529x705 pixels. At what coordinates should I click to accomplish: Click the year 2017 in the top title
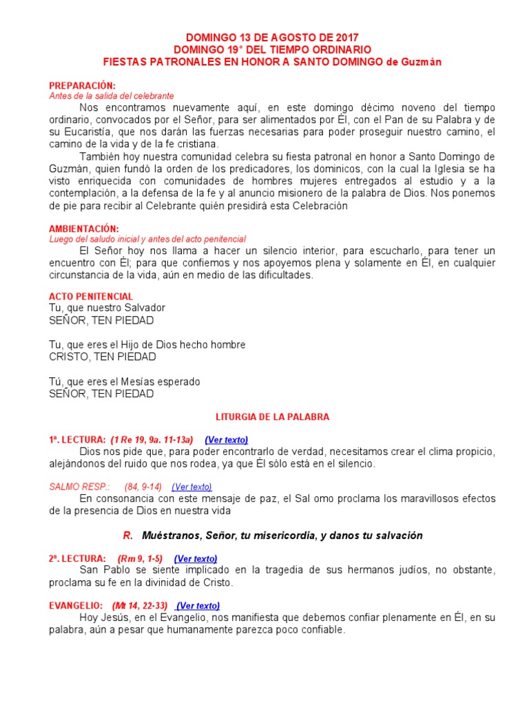345,37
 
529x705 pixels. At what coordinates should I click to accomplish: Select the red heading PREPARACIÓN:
82,85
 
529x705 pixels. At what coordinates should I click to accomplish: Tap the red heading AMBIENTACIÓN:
83,228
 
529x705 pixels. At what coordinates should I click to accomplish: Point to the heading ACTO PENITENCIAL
91,296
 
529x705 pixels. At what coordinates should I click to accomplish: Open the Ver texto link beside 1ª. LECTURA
227,439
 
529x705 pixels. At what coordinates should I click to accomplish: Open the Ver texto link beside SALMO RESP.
191,487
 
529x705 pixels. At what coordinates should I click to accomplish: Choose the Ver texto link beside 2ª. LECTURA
196,558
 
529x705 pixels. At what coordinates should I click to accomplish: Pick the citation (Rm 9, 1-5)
140,558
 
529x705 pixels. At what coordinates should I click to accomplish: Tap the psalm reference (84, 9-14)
143,487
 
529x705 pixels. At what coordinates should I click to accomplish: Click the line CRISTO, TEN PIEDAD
102,357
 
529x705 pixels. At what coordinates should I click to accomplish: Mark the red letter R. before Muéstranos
127,535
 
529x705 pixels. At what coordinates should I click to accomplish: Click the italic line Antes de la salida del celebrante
111,96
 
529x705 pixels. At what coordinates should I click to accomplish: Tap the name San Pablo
102,570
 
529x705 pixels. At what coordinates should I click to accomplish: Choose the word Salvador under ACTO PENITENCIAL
141,308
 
